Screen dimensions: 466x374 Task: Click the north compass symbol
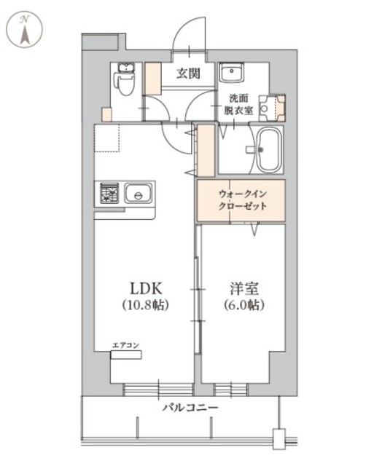(25, 30)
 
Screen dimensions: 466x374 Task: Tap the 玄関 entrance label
(190, 74)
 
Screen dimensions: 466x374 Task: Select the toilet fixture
(125, 80)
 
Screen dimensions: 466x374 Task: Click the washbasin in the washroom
(233, 74)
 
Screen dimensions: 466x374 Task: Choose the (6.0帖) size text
(244, 305)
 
